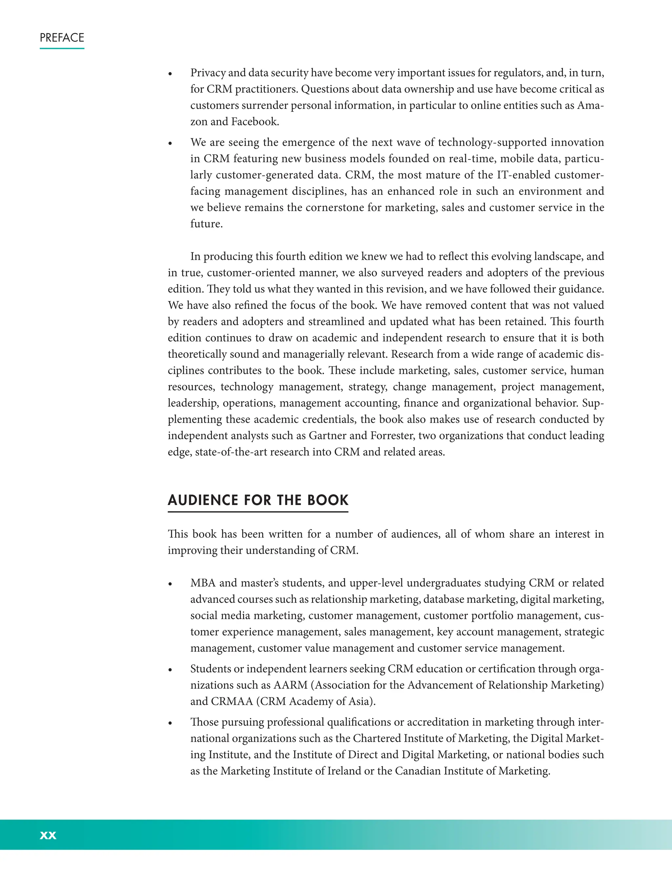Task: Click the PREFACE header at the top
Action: coord(62,38)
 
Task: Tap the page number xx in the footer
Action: coord(48,835)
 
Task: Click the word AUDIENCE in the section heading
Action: coord(203,500)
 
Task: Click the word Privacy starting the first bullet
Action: coord(208,73)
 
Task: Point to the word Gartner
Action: coord(327,436)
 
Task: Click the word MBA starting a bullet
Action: coord(203,583)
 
